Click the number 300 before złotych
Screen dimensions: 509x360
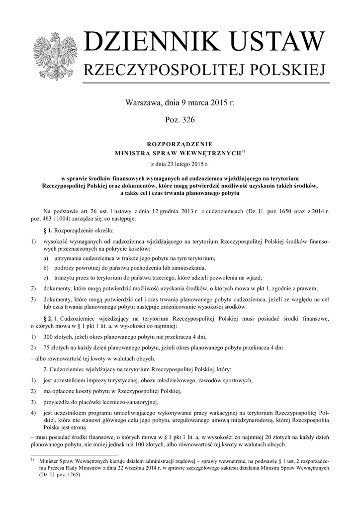tap(50, 337)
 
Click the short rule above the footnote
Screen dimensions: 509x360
tap(74, 454)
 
